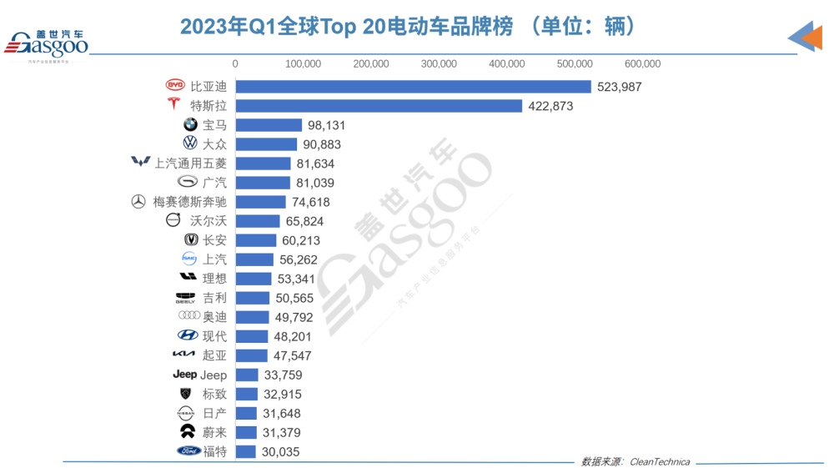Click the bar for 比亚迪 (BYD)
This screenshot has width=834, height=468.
pyautogui.click(x=413, y=87)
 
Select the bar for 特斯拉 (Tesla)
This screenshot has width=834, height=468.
pyautogui.click(x=379, y=106)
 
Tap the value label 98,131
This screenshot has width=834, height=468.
pyautogui.click(x=326, y=125)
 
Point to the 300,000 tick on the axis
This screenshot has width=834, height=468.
pyautogui.click(x=439, y=64)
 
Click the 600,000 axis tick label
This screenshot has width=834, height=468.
pyautogui.click(x=642, y=64)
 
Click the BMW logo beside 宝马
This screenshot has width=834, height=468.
pyautogui.click(x=190, y=124)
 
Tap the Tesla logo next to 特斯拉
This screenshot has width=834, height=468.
pyautogui.click(x=173, y=105)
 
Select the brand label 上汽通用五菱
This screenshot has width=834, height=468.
pyautogui.click(x=190, y=164)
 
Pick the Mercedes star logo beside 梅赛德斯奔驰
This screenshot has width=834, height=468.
pyautogui.click(x=138, y=202)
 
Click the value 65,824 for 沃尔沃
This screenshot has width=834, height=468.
pyautogui.click(x=304, y=221)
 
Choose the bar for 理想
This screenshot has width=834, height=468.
pyautogui.click(x=254, y=279)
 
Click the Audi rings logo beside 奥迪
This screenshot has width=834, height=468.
pyautogui.click(x=188, y=317)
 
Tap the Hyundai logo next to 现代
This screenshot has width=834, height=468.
pyautogui.click(x=188, y=336)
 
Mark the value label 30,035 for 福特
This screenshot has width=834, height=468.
pyautogui.click(x=279, y=452)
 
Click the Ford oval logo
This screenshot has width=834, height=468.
pyautogui.click(x=188, y=451)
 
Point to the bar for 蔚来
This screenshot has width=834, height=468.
pyautogui.click(x=246, y=432)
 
